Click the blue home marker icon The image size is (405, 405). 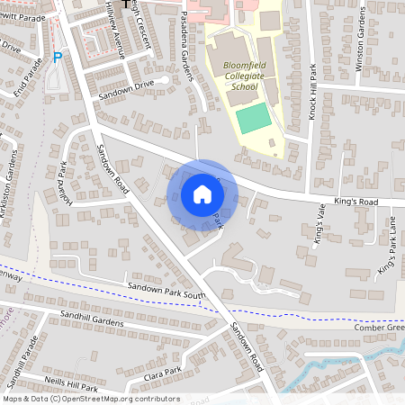tap(202, 194)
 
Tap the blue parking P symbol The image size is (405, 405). tap(58, 58)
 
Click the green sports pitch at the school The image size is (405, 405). tap(255, 118)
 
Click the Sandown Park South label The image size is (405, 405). tap(166, 294)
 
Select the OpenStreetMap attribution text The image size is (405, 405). tap(90, 399)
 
